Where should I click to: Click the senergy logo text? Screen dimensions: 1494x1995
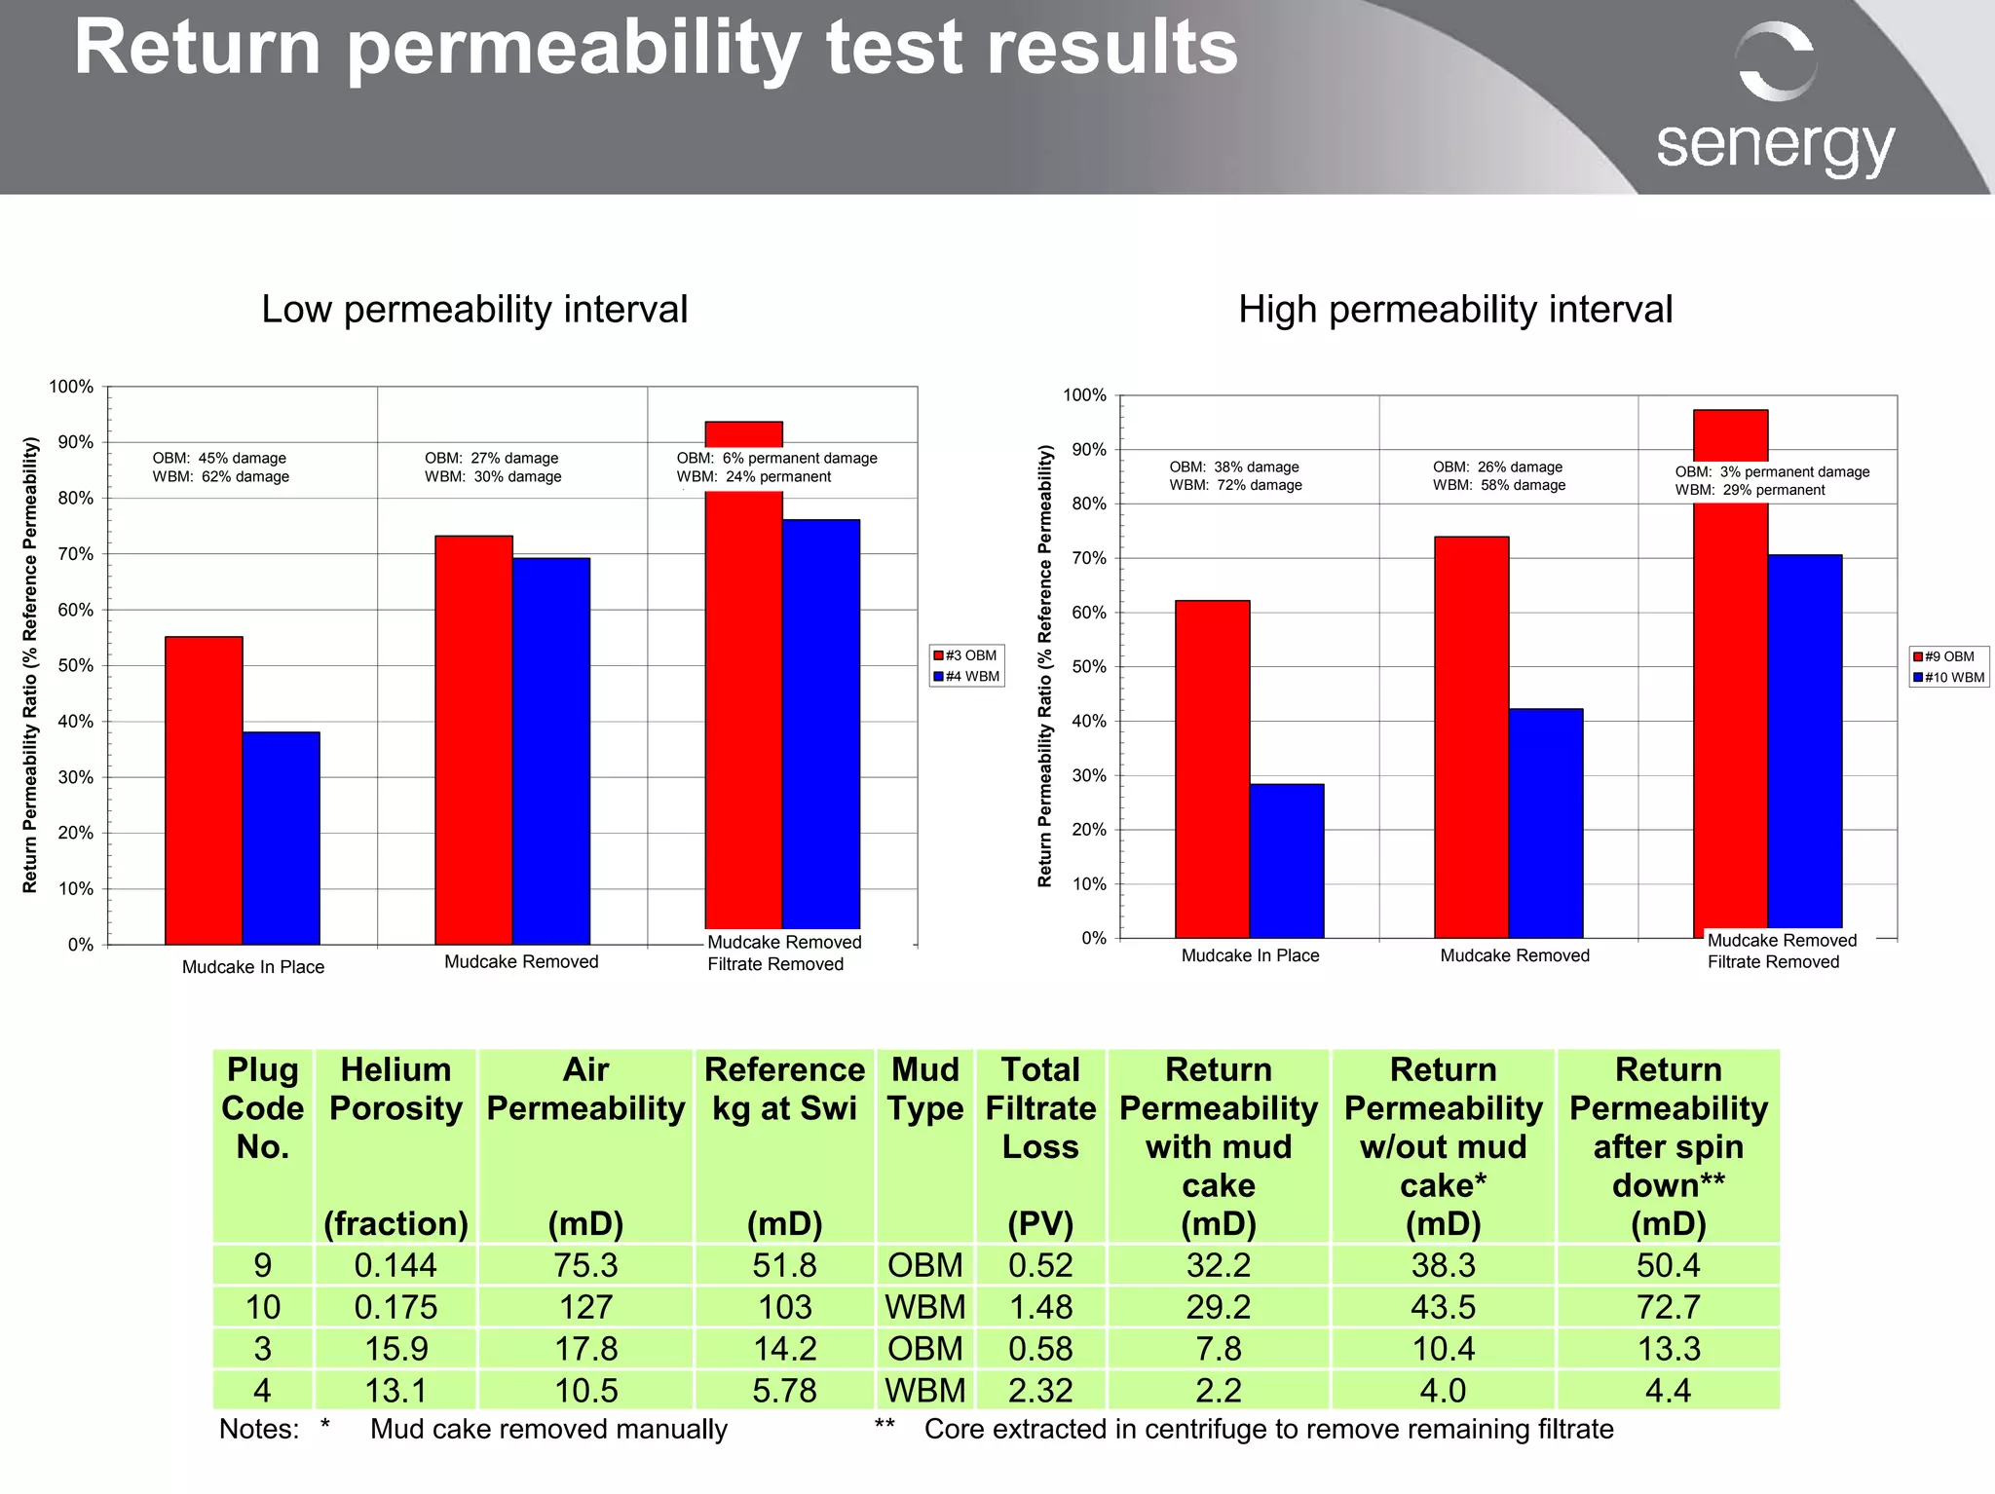(1775, 146)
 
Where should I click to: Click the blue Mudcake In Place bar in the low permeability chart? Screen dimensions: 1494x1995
(281, 838)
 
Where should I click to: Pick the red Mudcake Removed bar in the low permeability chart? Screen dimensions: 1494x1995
(473, 740)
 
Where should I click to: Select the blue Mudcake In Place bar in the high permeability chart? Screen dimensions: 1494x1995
(1286, 861)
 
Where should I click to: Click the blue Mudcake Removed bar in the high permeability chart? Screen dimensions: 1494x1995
(1545, 823)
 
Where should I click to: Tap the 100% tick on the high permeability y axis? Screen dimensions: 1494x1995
(1084, 395)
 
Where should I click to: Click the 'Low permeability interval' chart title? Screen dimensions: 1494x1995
(474, 310)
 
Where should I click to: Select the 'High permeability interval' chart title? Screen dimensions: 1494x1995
(1455, 310)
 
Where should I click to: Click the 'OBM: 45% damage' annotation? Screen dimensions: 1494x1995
(219, 458)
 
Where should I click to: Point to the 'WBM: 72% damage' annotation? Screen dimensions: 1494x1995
(1235, 485)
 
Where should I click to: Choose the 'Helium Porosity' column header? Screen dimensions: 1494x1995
(395, 1089)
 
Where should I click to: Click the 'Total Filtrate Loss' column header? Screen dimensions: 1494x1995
(1040, 1108)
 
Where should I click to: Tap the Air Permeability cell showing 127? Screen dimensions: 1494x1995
(585, 1307)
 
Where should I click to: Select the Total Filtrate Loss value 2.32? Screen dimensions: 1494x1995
(1040, 1390)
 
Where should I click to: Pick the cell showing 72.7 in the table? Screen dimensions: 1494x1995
(1668, 1307)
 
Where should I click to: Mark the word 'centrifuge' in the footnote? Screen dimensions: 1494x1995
(1205, 1429)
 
